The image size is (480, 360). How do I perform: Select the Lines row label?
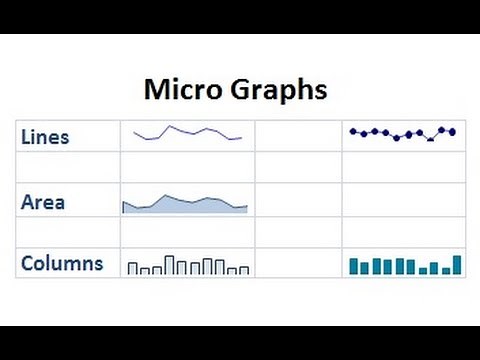point(46,137)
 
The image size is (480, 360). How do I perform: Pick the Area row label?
point(43,202)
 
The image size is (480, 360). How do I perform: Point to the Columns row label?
point(62,264)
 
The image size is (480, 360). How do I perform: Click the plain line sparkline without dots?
point(187,134)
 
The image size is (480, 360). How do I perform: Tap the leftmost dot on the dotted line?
point(353,131)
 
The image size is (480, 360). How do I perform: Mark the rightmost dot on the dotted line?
point(452,131)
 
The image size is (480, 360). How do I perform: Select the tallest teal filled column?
point(457,265)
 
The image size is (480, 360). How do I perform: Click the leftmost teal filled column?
point(353,266)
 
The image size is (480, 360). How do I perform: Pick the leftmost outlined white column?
point(132,268)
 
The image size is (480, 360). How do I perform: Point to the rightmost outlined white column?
point(244,269)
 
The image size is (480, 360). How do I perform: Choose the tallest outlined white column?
point(169,265)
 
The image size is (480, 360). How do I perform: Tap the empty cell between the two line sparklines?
point(298,136)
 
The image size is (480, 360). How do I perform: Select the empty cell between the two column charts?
point(298,262)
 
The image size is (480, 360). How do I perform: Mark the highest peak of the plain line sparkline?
point(170,127)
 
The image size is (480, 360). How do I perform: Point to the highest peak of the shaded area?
point(166,196)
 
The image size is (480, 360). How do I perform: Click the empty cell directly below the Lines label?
point(67,167)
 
